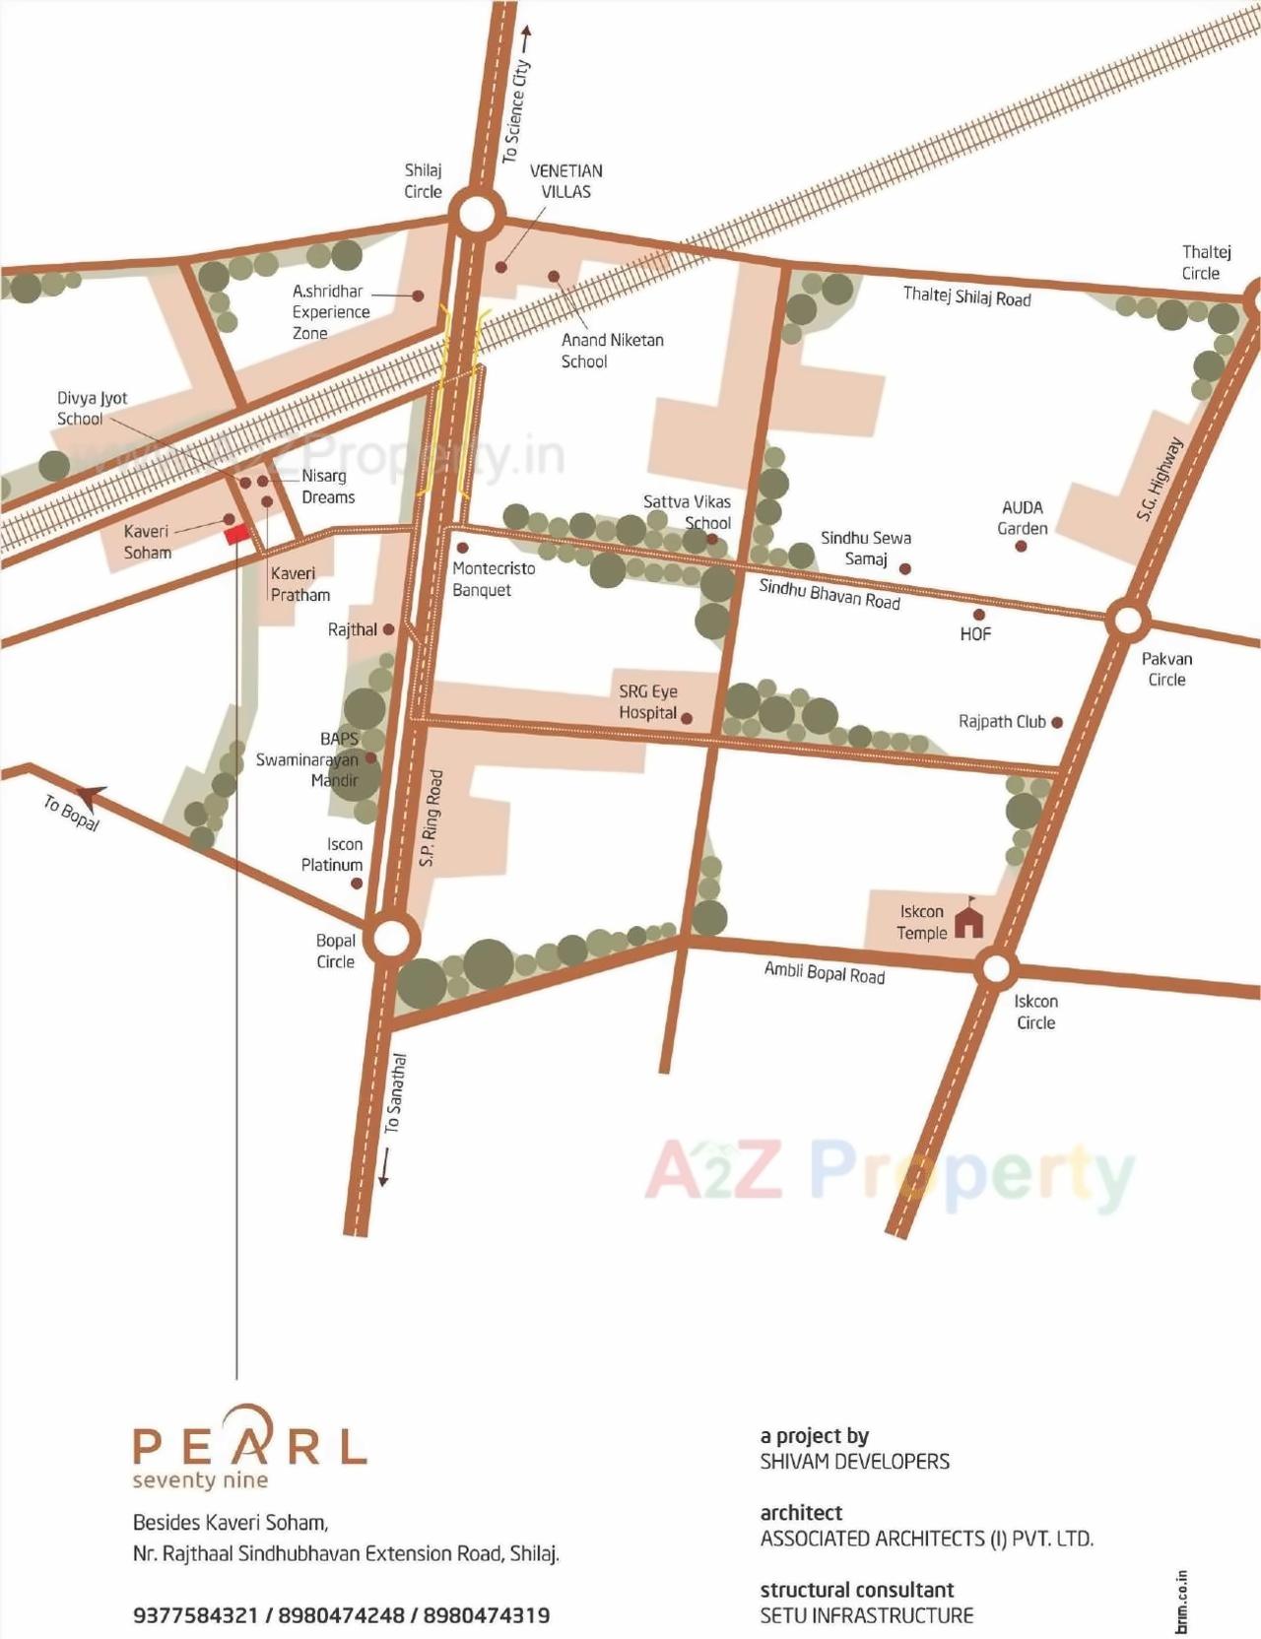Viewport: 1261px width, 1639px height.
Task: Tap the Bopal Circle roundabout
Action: click(x=390, y=938)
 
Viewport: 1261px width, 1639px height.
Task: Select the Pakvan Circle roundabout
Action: click(x=1127, y=621)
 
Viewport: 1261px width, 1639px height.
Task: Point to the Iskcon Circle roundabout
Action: click(x=996, y=968)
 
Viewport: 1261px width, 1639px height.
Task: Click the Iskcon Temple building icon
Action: click(x=970, y=920)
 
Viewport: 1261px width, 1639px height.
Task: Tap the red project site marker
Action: click(x=235, y=534)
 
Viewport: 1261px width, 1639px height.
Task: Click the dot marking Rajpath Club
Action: click(x=1057, y=722)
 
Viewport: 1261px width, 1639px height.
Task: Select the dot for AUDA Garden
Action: click(x=1022, y=546)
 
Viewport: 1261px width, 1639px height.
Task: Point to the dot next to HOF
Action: click(x=978, y=615)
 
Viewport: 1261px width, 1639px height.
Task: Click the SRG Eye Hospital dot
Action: click(x=687, y=718)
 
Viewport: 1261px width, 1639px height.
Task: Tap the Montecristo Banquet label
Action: click(x=494, y=579)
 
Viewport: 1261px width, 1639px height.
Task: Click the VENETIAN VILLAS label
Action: click(x=565, y=181)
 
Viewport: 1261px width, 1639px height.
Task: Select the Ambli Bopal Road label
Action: click(x=824, y=973)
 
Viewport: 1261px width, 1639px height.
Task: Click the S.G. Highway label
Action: click(x=1158, y=479)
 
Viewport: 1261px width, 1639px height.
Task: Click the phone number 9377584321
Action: click(x=194, y=1615)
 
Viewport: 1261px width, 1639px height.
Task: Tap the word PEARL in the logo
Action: click(x=250, y=1444)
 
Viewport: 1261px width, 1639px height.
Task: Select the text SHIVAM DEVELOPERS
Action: click(x=854, y=1462)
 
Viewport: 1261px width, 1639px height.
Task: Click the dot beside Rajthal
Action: click(x=388, y=629)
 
